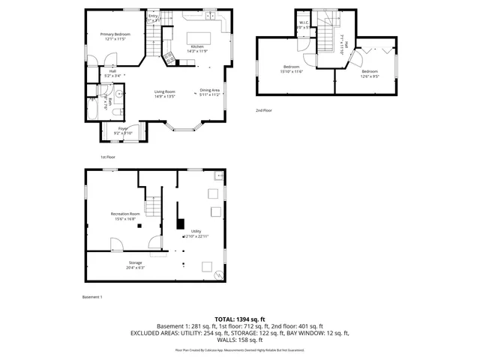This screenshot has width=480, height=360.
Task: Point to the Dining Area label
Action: pyautogui.click(x=209, y=93)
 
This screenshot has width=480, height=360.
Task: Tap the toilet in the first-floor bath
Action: pyautogui.click(x=119, y=111)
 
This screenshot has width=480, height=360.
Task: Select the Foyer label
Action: pyautogui.click(x=121, y=130)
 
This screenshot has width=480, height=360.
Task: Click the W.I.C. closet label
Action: pyautogui.click(x=303, y=25)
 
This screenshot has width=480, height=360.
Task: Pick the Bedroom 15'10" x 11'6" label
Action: pyautogui.click(x=292, y=69)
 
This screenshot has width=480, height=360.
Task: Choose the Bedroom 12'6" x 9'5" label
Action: pyautogui.click(x=370, y=73)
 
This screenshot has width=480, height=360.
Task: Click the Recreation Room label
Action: pyautogui.click(x=124, y=216)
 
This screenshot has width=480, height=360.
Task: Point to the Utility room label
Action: pyautogui.click(x=196, y=234)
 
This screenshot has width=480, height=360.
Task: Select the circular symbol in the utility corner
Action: pyautogui.click(x=219, y=274)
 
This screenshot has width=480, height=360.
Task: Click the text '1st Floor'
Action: pyautogui.click(x=108, y=157)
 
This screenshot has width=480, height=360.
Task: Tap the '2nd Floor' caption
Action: pyautogui.click(x=263, y=110)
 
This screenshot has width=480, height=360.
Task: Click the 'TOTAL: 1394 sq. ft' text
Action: pyautogui.click(x=240, y=319)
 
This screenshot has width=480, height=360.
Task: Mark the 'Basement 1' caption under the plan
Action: pyautogui.click(x=92, y=297)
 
